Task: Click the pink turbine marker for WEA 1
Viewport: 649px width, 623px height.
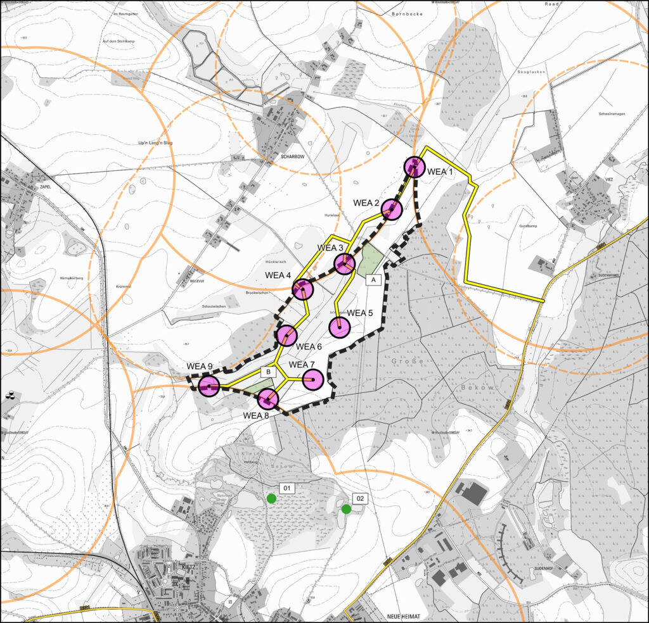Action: [414, 167]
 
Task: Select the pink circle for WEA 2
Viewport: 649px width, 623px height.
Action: [392, 210]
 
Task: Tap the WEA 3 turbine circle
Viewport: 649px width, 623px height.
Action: [344, 263]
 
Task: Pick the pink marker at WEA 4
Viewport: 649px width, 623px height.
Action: [303, 289]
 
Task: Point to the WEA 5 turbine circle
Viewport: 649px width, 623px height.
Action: [340, 327]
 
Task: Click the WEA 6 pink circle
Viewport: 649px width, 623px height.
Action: [286, 335]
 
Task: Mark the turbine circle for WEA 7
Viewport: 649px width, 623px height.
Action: [313, 380]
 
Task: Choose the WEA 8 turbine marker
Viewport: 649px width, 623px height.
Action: [268, 399]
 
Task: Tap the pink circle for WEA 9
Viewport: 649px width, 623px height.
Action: [209, 385]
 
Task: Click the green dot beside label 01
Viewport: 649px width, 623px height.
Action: [271, 498]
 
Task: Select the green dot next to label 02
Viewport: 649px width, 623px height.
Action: [346, 508]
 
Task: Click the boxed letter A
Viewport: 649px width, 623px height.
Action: [373, 279]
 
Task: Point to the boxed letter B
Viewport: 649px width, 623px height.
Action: [269, 372]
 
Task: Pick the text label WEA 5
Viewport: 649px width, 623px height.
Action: [361, 313]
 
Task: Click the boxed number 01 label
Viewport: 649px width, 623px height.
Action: [286, 488]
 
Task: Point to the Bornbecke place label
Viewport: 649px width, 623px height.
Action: [406, 13]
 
